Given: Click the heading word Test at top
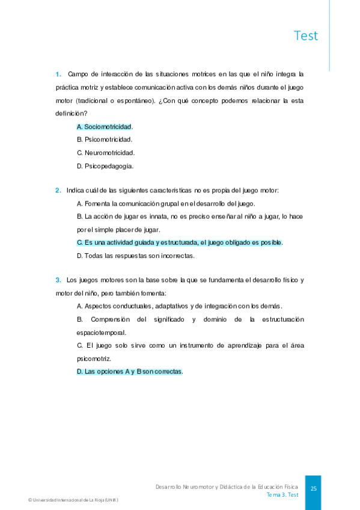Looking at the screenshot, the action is (306, 36).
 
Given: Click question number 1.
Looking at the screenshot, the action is (58, 75).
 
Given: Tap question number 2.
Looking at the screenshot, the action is (58, 191).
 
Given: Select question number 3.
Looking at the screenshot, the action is (58, 280).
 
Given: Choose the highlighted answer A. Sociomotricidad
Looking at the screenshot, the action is (105, 127).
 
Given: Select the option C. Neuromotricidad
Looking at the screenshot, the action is (106, 153).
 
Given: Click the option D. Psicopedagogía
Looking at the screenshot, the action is (105, 166).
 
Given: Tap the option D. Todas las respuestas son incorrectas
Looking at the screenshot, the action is (135, 256).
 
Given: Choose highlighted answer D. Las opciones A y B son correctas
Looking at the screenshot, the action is (130, 372).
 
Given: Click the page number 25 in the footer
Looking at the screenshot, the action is (313, 489).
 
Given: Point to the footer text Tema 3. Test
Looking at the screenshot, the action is (282, 495).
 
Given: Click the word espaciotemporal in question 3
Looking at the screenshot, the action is (102, 332).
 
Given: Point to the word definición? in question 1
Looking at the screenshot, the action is (72, 113).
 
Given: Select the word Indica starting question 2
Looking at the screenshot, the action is (75, 191).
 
